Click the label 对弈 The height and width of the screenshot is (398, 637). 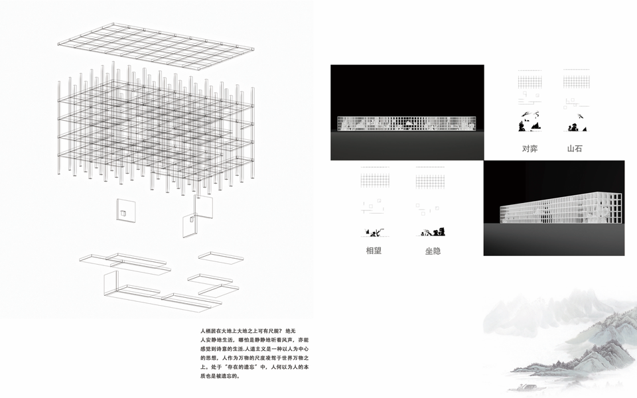530,149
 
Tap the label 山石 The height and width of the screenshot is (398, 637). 574,149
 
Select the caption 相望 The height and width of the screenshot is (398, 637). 374,251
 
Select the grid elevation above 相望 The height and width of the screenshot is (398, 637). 374,180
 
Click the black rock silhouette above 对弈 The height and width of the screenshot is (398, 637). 530,123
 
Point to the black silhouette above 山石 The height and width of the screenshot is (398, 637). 575,123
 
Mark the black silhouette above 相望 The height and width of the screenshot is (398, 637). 374,232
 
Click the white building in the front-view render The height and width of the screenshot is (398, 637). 407,124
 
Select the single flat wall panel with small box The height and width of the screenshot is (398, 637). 125,212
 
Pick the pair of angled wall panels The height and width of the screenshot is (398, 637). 196,216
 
